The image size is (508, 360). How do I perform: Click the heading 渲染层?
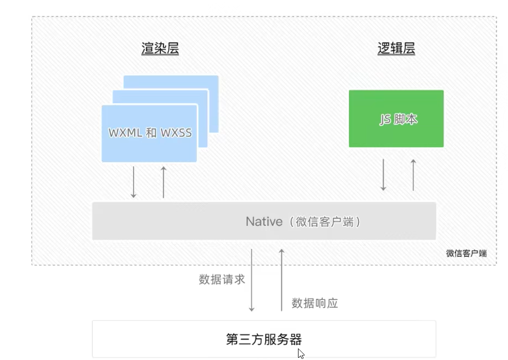(x=160, y=49)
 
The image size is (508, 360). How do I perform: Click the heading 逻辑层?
(x=396, y=49)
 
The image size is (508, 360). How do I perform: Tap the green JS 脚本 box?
(x=396, y=119)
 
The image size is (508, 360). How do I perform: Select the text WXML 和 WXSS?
(x=150, y=133)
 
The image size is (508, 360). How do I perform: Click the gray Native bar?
(x=264, y=221)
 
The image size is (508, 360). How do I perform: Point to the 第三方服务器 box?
(x=264, y=339)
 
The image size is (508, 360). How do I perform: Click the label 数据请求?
(x=222, y=279)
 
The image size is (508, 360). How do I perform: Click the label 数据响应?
(x=314, y=303)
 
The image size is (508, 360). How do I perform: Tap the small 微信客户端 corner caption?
(x=466, y=253)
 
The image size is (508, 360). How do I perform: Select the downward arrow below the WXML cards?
(x=133, y=182)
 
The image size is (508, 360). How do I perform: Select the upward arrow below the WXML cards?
(x=163, y=182)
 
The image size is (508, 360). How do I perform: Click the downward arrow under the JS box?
(x=384, y=175)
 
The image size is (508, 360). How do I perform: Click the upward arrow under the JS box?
(x=413, y=175)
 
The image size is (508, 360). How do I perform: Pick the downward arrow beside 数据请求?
(x=252, y=280)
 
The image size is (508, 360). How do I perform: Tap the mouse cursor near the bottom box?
(x=301, y=353)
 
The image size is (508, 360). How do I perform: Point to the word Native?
(x=263, y=221)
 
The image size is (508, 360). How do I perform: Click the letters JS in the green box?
(x=385, y=119)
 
